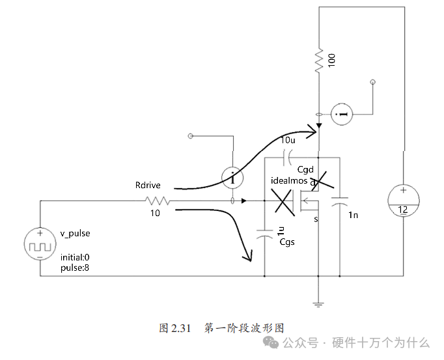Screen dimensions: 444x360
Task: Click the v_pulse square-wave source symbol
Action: point(40,244)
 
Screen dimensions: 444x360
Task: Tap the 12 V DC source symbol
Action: point(403,201)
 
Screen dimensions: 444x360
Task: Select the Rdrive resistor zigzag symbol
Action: point(158,201)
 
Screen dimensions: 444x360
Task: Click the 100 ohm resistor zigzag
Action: point(319,61)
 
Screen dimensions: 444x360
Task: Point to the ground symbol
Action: point(318,305)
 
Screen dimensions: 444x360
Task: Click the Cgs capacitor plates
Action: point(264,234)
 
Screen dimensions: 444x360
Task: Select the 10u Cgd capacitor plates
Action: point(287,158)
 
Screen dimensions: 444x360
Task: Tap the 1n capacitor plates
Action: point(340,201)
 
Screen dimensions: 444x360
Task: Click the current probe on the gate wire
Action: point(232,178)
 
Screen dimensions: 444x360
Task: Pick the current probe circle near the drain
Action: point(342,114)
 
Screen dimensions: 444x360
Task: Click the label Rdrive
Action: point(148,186)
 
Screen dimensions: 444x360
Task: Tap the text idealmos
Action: point(289,181)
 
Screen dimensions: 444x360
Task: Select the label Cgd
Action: point(305,170)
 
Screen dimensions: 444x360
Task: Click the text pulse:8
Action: point(75,268)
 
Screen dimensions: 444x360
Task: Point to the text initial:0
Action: point(75,257)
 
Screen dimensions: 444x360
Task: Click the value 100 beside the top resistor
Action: point(331,61)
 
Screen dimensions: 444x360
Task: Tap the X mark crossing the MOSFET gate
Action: point(283,202)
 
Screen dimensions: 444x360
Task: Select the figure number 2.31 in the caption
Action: point(180,328)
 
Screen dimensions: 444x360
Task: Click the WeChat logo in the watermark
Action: point(270,342)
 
